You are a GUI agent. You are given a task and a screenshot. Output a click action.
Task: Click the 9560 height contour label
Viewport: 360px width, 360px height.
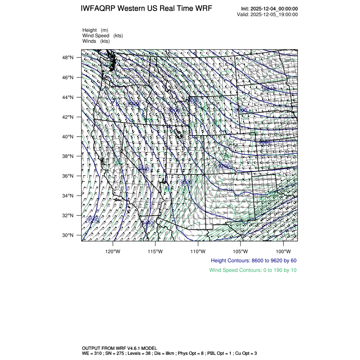tap(93, 219)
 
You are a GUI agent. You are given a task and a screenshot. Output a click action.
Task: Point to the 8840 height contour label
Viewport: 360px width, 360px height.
tap(269, 89)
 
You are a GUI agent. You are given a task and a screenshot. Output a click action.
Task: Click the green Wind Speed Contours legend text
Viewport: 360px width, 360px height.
tap(253, 270)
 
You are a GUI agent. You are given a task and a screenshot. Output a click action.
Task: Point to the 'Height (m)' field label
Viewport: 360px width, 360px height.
tap(95, 30)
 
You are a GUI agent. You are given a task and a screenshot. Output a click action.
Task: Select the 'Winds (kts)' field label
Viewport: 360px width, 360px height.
tap(96, 41)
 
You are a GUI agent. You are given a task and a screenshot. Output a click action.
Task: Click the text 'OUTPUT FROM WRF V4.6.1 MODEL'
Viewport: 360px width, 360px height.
tap(119, 347)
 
